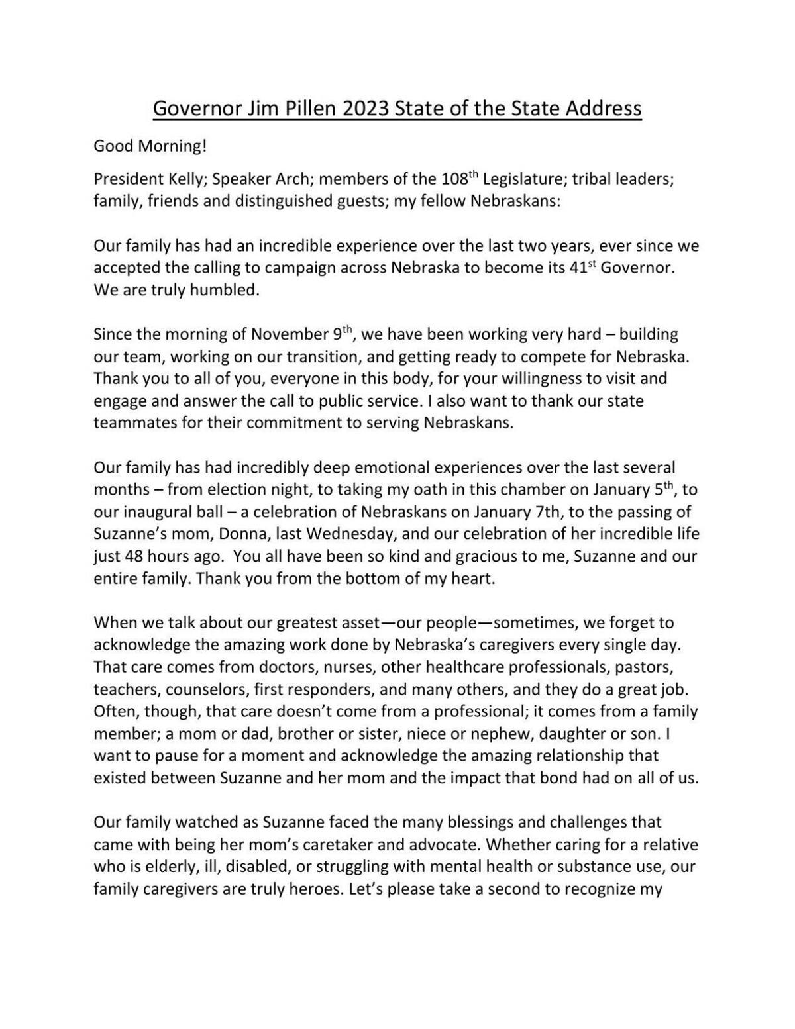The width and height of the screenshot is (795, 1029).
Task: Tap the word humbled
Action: (x=226, y=290)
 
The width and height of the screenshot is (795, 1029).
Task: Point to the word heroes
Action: (x=309, y=889)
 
